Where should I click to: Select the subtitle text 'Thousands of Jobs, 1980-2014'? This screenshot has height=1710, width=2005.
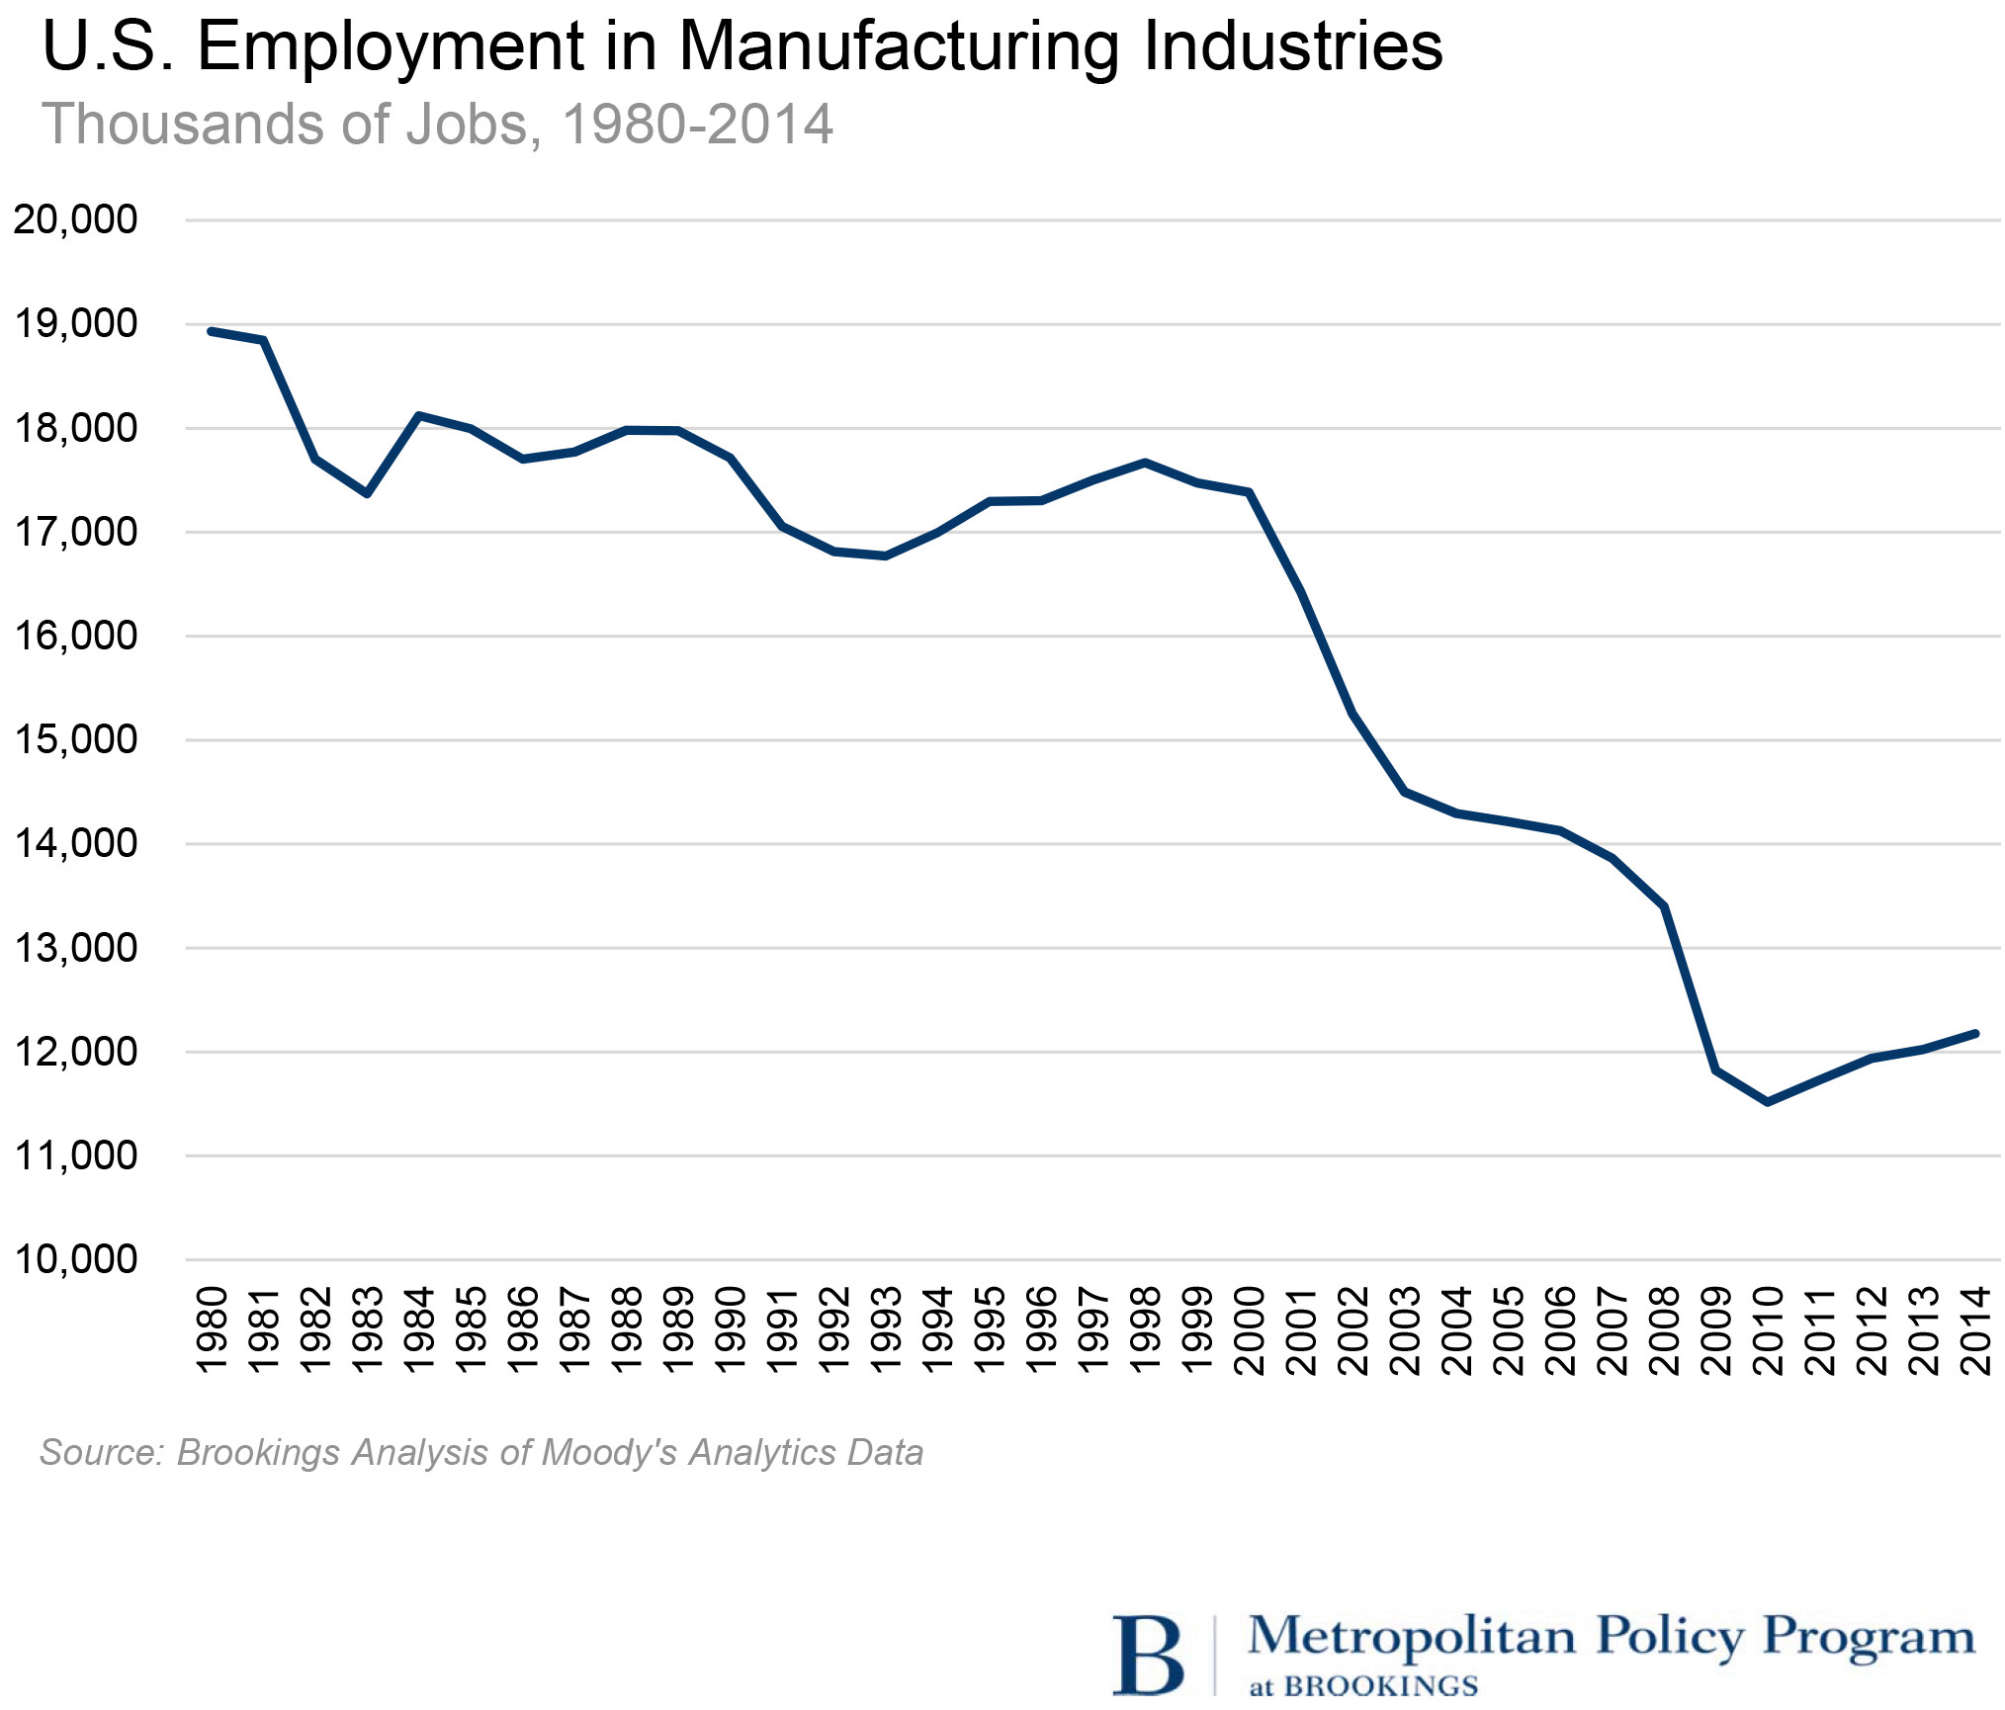point(437,125)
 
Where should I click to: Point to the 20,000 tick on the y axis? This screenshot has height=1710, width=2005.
point(75,219)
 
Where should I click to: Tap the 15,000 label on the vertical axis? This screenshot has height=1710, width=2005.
point(75,739)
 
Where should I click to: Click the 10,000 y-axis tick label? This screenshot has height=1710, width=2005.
point(75,1259)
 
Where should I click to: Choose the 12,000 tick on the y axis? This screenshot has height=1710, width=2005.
point(75,1052)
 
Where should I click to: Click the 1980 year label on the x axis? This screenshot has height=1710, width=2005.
point(213,1329)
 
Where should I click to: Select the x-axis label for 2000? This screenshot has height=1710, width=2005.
point(1250,1329)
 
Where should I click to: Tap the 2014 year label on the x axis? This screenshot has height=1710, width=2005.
point(1975,1329)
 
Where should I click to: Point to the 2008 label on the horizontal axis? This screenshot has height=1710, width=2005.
point(1665,1329)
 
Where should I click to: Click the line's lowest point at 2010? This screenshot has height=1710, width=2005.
point(1768,1101)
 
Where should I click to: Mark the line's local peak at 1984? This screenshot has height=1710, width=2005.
point(419,415)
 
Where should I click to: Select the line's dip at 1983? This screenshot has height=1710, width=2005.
point(367,493)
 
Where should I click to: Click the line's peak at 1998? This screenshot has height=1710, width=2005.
point(1145,463)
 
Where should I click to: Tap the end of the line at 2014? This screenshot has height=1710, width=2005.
point(1974,1034)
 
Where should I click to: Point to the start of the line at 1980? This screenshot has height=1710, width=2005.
point(212,331)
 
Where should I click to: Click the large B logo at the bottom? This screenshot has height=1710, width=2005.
point(1148,1656)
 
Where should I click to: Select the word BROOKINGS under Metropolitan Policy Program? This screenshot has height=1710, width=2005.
point(1380,1685)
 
